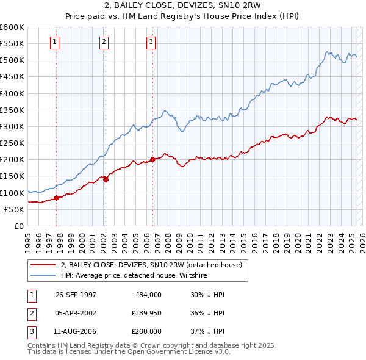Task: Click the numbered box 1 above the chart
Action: pos(55,42)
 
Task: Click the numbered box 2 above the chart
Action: pos(104,42)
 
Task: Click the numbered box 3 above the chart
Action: pos(151,42)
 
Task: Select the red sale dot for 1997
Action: pos(57,198)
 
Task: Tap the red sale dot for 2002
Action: pos(106,179)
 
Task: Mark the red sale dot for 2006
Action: pos(152,159)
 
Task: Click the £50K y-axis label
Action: pos(13,209)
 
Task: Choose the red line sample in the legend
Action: pos(43,265)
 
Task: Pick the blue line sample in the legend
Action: pos(43,275)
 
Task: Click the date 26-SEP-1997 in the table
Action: pos(76,294)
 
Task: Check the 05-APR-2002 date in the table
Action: pos(76,313)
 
